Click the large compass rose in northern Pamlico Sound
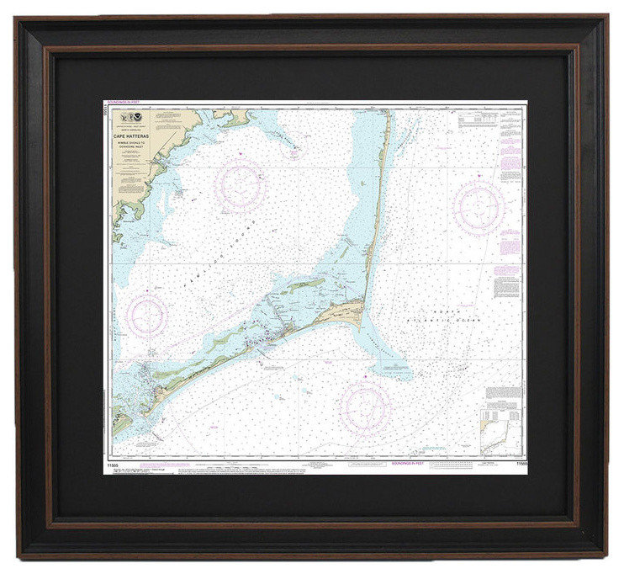[241, 185]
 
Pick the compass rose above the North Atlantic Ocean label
[479, 205]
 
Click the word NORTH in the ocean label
[443, 311]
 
